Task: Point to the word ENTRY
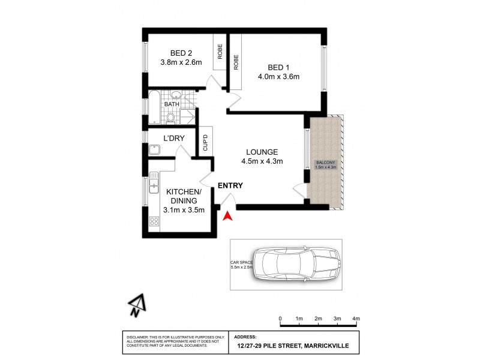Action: click(x=230, y=186)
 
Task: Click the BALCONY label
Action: click(x=326, y=162)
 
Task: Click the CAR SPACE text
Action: click(x=242, y=263)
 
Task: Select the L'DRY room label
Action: click(x=173, y=139)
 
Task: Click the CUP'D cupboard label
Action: click(x=205, y=143)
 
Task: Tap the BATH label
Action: click(x=172, y=104)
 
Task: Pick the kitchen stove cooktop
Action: click(x=154, y=221)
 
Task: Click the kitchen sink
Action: click(x=154, y=181)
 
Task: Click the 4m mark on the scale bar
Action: click(x=356, y=318)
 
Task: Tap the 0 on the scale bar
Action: click(x=280, y=318)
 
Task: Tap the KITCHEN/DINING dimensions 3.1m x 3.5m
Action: click(x=184, y=210)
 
